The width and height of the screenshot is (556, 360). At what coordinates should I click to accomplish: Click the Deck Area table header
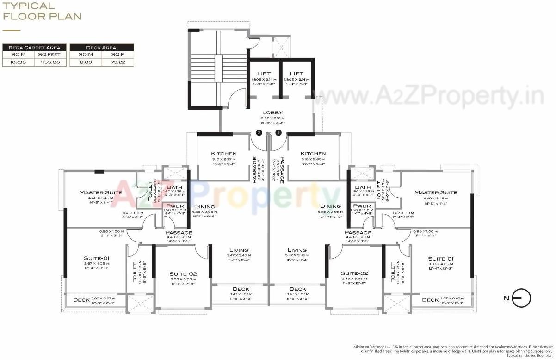click(x=102, y=47)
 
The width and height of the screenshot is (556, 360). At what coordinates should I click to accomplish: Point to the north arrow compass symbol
click(x=522, y=298)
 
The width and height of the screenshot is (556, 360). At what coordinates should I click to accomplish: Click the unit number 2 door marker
click(x=259, y=133)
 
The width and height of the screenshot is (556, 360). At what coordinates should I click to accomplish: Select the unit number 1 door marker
click(x=278, y=133)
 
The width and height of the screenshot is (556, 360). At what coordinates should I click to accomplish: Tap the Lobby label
click(x=272, y=112)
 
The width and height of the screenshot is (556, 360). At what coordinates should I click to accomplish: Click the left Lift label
click(x=264, y=74)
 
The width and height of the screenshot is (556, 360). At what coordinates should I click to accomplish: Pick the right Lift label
click(x=296, y=74)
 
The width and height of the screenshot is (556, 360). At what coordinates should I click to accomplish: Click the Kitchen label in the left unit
click(x=224, y=154)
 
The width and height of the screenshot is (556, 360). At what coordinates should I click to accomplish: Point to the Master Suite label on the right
click(x=436, y=192)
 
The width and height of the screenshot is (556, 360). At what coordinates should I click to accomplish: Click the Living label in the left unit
click(x=239, y=250)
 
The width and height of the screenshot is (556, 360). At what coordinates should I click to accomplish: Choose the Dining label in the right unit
click(x=330, y=206)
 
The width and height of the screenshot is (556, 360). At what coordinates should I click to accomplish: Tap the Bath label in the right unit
click(x=363, y=187)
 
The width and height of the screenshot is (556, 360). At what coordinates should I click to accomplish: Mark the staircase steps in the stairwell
click(x=204, y=68)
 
